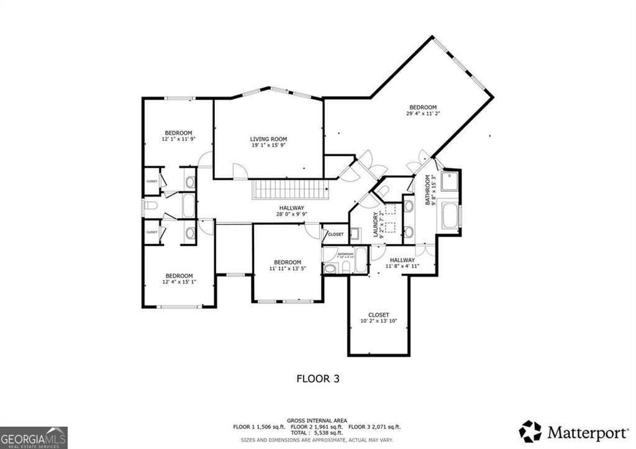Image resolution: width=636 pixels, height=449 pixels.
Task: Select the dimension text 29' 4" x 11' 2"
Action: tap(423, 114)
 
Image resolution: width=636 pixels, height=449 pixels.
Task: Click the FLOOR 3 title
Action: tap(317, 378)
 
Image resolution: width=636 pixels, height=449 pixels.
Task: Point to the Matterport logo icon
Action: tap(530, 431)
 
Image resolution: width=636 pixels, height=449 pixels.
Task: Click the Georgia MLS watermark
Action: tap(34, 437)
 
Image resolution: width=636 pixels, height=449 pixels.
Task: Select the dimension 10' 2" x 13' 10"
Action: tap(378, 321)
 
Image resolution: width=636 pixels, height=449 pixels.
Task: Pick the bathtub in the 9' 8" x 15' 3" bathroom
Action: tap(450, 216)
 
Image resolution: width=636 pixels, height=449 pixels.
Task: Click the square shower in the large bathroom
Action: tap(450, 181)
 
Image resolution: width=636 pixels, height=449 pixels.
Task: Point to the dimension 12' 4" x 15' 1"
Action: tap(178, 282)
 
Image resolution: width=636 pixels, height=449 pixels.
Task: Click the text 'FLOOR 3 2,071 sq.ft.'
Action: tap(375, 427)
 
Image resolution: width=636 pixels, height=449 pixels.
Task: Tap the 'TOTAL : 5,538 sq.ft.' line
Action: tap(317, 432)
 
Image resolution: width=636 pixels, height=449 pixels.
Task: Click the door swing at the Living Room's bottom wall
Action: tap(240, 172)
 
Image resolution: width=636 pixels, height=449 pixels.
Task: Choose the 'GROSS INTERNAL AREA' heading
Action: tap(317, 420)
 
